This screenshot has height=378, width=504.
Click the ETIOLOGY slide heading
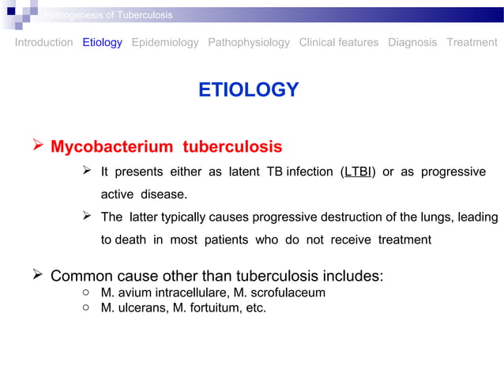point(248,90)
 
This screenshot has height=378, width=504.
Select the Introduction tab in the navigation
point(43,43)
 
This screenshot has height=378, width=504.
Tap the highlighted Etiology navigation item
point(102,43)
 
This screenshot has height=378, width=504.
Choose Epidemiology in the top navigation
point(165,43)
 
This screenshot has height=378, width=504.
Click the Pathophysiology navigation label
point(248,43)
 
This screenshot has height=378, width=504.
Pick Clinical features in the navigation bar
point(338,43)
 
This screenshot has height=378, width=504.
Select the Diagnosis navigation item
point(412,43)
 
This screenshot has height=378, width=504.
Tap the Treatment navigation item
point(472,43)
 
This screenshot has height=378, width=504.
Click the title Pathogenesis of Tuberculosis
point(108,15)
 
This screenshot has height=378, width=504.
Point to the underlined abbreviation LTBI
point(358,172)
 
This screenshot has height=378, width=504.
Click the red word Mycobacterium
point(111,147)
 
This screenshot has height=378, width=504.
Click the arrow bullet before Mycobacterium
point(36,146)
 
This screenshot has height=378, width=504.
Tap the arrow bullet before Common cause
point(36,276)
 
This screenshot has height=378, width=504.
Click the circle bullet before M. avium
point(85,293)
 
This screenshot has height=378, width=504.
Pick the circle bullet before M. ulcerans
point(85,308)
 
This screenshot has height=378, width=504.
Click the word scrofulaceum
point(286,293)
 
